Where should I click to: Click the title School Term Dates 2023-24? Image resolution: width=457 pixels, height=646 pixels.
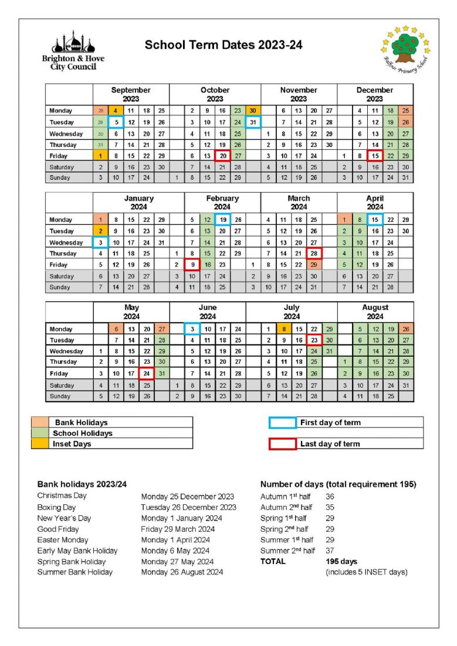(224, 45)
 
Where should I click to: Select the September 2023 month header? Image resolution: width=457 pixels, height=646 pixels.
(131, 94)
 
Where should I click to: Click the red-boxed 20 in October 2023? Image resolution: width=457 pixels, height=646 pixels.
(222, 156)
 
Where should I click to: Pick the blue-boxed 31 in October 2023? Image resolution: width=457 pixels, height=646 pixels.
(253, 122)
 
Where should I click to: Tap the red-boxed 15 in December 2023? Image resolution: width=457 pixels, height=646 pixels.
(375, 156)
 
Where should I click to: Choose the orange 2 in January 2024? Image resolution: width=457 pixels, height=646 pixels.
(100, 231)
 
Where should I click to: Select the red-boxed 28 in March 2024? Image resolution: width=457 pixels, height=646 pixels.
(314, 254)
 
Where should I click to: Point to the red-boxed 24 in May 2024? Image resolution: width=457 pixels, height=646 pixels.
(146, 374)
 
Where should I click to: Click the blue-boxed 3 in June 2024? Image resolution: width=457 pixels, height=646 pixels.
(192, 329)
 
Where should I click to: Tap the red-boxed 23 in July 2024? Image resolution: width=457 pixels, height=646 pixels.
(314, 340)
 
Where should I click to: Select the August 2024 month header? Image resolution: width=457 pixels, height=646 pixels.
(375, 312)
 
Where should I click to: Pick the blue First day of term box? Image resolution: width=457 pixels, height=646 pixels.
(282, 422)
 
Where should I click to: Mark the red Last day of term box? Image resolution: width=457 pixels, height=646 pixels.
(282, 444)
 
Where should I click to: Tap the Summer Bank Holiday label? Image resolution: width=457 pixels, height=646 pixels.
(75, 572)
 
